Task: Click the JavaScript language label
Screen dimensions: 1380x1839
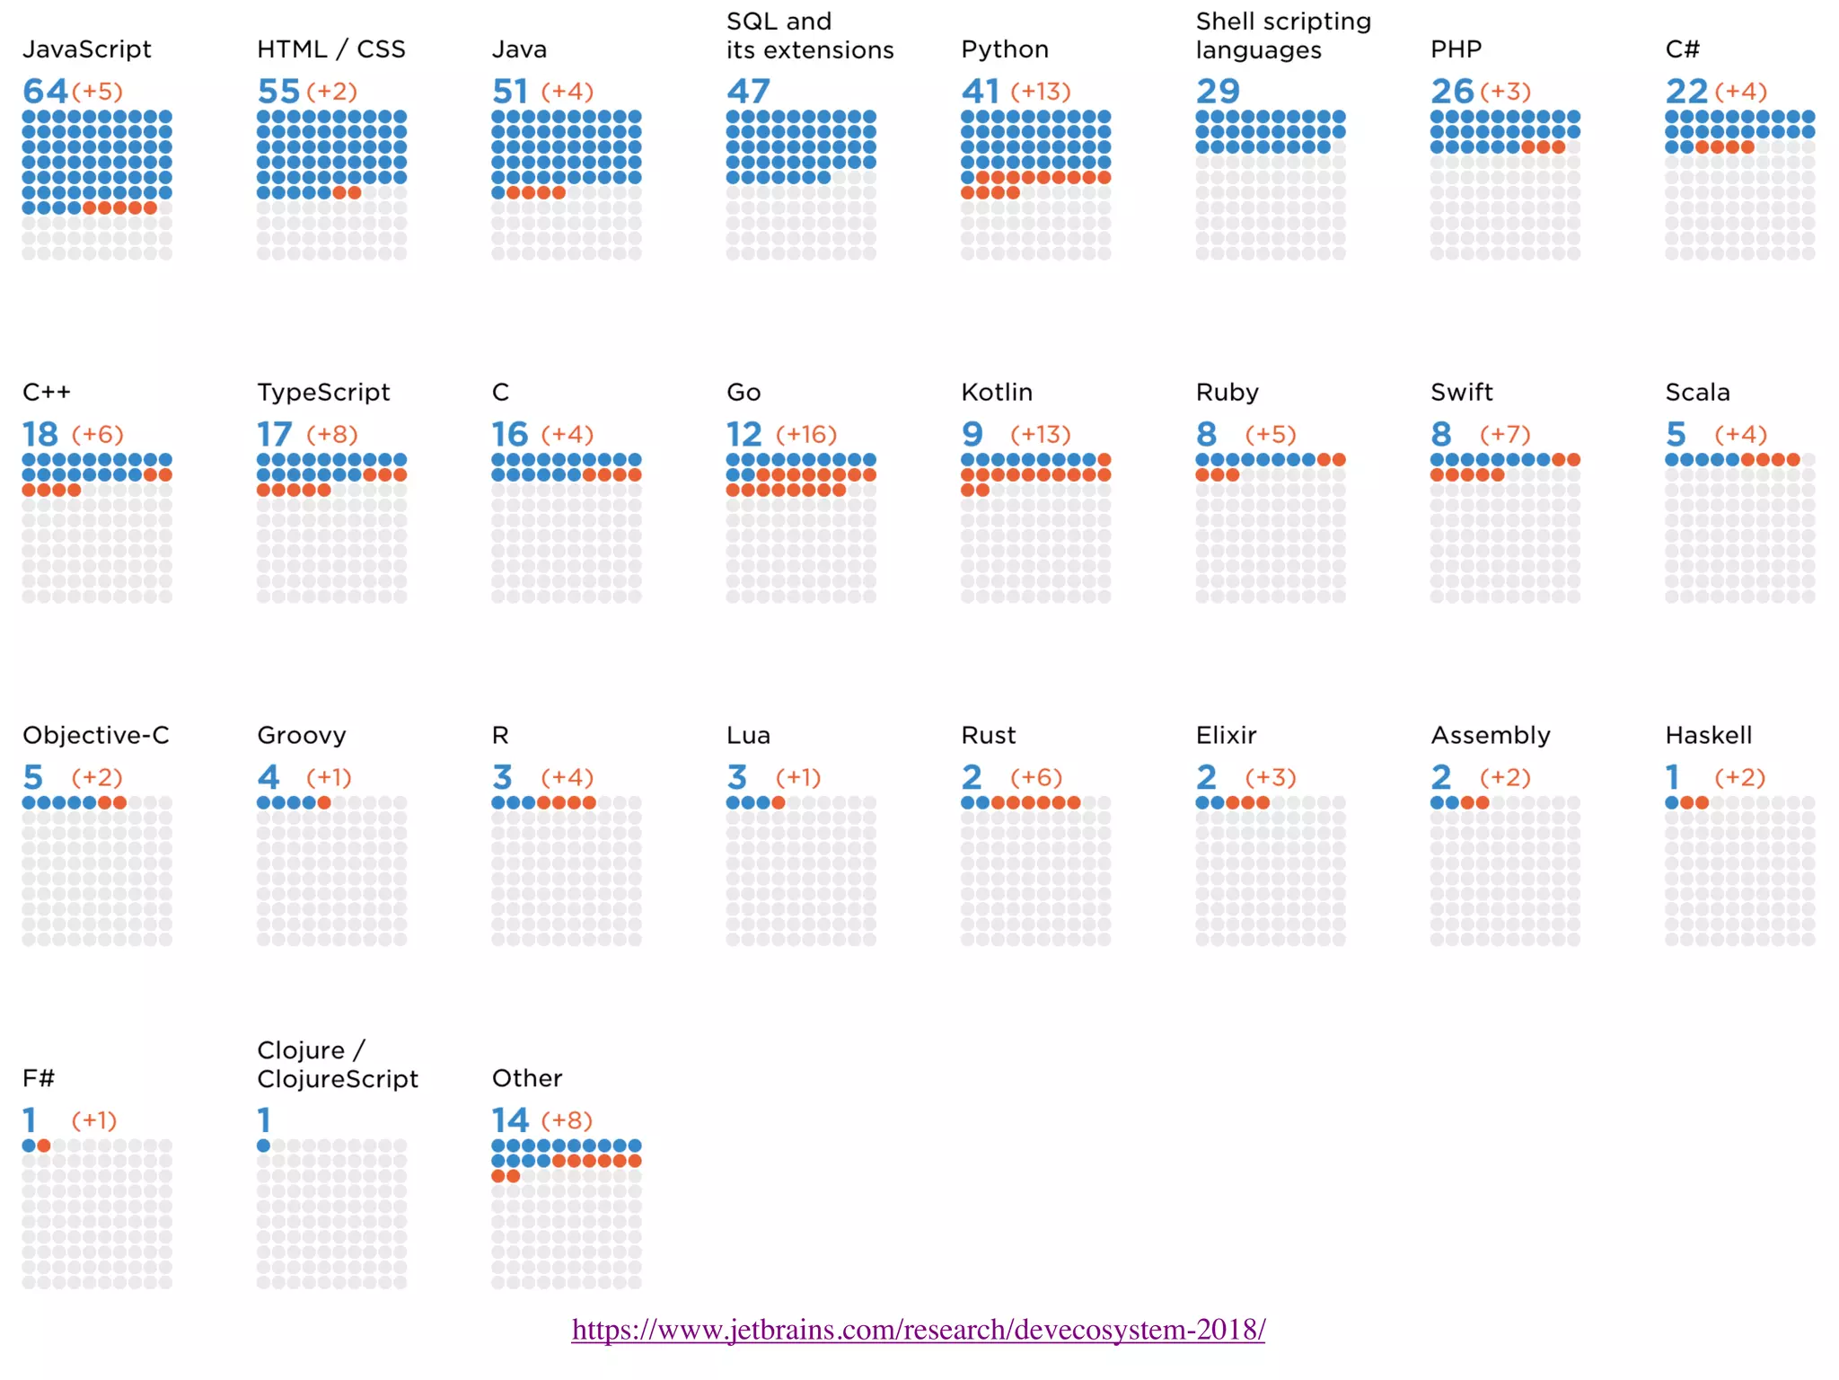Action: click(x=86, y=49)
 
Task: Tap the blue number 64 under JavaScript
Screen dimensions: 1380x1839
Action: click(x=45, y=91)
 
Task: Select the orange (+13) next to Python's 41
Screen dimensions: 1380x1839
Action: click(x=1040, y=92)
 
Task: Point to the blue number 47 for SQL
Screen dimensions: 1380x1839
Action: click(x=748, y=91)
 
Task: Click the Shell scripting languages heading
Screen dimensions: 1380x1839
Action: click(x=1282, y=36)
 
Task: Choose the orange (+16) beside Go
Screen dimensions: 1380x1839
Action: click(x=805, y=435)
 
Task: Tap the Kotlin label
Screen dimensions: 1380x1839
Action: click(x=996, y=393)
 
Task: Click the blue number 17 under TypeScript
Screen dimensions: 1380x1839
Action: click(x=274, y=435)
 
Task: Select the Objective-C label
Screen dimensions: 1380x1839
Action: click(x=95, y=736)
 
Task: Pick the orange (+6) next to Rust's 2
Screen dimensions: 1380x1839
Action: click(x=1035, y=778)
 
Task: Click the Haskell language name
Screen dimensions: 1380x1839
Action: click(x=1708, y=736)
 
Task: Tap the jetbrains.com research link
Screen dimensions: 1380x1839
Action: click(x=918, y=1330)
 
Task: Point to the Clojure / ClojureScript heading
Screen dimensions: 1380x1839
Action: click(x=337, y=1065)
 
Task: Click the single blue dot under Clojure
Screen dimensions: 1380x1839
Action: click(x=263, y=1146)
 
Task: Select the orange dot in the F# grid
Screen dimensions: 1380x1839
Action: click(x=44, y=1146)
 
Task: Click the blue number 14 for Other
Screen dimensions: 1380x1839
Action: click(x=510, y=1120)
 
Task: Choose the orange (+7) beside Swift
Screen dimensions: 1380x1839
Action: click(x=1505, y=435)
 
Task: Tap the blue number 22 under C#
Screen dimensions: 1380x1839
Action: click(x=1685, y=91)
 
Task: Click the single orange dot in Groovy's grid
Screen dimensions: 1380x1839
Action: click(x=324, y=802)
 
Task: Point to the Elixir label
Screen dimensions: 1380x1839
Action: click(x=1226, y=736)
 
